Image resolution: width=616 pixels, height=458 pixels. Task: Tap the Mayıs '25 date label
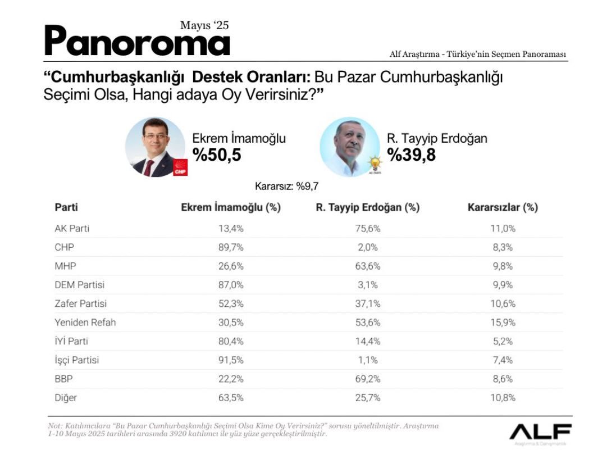(x=204, y=25)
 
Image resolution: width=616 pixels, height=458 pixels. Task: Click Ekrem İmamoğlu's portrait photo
(x=155, y=148)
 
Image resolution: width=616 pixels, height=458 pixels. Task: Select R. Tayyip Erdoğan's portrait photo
(x=349, y=147)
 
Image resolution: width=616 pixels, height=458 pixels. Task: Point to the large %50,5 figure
(x=217, y=155)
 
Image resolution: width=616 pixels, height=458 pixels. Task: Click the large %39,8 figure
(x=411, y=155)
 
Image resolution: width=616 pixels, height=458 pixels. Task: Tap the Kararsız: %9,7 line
(x=290, y=187)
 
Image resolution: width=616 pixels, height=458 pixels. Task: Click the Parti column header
(x=66, y=207)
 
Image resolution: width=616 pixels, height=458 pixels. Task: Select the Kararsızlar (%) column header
(x=503, y=207)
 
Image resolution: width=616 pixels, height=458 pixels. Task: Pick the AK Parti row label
(x=72, y=228)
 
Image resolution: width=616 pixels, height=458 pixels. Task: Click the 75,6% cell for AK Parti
(x=368, y=228)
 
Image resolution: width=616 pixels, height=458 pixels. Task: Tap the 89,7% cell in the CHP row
(x=230, y=247)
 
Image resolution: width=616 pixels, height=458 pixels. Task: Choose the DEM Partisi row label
(x=80, y=285)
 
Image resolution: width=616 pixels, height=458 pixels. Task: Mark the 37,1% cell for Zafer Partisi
(x=368, y=303)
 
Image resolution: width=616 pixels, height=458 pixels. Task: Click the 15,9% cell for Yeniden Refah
(x=503, y=323)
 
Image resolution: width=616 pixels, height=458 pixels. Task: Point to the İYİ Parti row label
(x=71, y=341)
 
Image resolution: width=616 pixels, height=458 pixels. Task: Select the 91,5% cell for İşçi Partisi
(x=230, y=360)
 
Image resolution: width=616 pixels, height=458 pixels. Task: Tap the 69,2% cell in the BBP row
(x=368, y=379)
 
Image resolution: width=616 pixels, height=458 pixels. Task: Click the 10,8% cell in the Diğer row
(x=503, y=397)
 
